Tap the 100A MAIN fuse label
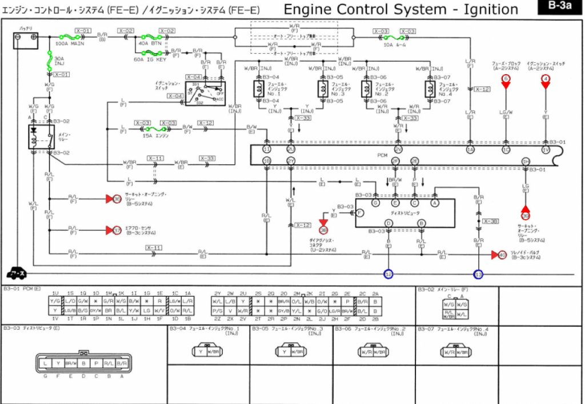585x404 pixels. click(70, 43)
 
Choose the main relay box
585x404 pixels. click(39, 137)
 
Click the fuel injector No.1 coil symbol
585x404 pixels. click(258, 88)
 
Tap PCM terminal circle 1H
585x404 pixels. click(526, 161)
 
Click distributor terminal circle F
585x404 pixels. click(360, 213)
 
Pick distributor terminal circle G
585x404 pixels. click(375, 203)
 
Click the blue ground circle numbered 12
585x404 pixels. click(388, 274)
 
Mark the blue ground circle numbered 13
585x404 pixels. click(478, 274)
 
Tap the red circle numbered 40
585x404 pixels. click(502, 254)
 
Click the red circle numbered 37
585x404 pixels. click(117, 230)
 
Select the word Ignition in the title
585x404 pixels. click(482, 10)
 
